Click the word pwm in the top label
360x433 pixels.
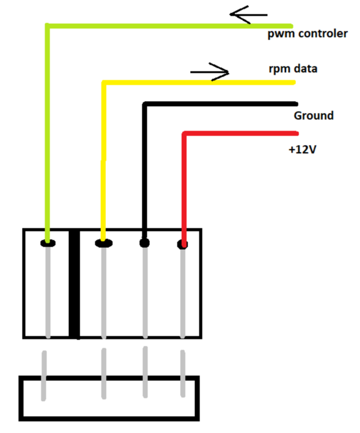(282, 35)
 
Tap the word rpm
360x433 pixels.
(279, 69)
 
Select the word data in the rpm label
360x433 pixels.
(305, 68)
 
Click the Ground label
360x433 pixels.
(314, 115)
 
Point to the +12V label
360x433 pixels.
(302, 149)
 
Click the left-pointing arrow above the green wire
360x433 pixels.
(248, 14)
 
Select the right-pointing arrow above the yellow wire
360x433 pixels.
(210, 72)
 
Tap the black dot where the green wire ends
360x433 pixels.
(48, 243)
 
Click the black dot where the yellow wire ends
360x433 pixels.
(103, 243)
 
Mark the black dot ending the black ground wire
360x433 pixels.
(144, 243)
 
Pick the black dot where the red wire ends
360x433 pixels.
(183, 244)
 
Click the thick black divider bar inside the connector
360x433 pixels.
(74, 284)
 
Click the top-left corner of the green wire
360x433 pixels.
(47, 26)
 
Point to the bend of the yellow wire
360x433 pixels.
(104, 83)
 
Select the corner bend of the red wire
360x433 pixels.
(184, 134)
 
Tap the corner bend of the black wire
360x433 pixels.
(145, 104)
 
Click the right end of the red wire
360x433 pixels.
(297, 134)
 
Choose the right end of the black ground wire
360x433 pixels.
(297, 104)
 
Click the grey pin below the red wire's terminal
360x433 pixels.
(183, 293)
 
